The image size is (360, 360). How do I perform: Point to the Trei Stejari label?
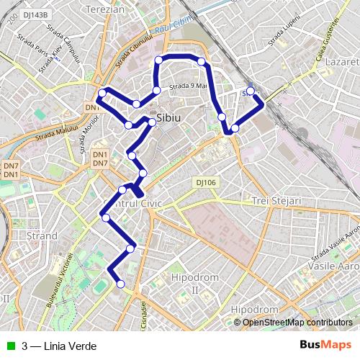click(x=276, y=201)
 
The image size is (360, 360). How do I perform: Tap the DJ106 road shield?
click(x=205, y=182)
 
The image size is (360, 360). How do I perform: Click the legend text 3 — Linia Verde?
click(x=58, y=346)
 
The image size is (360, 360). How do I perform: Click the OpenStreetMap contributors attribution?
click(x=297, y=322)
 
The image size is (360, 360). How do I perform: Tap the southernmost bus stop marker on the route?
click(x=120, y=284)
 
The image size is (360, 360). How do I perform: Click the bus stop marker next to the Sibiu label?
click(x=152, y=122)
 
